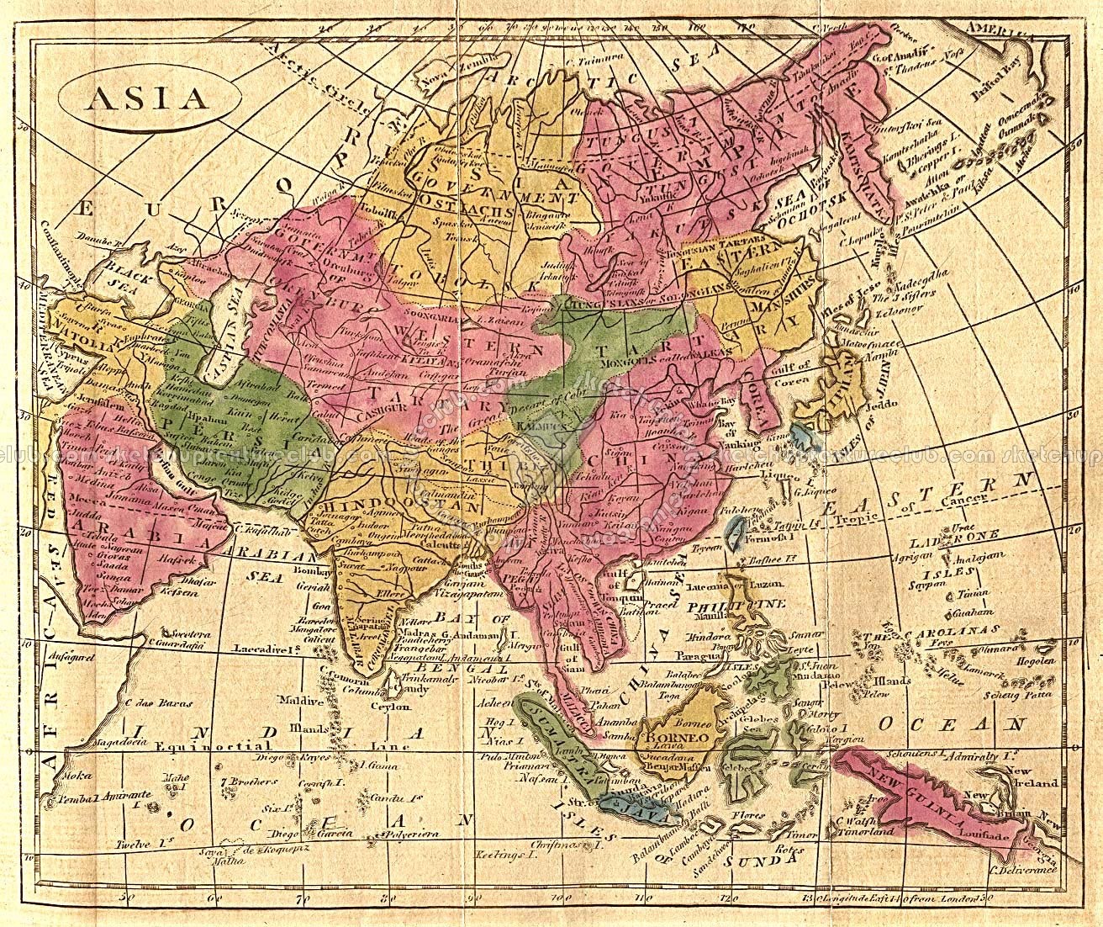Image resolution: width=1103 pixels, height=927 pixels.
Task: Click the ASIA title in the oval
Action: pos(145,98)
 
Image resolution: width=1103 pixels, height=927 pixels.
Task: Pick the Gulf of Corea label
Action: pos(792,369)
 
